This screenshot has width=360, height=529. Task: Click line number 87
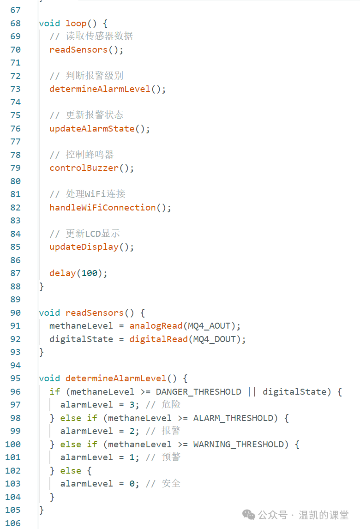pyautogui.click(x=16, y=273)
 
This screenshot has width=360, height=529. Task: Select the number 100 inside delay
pyautogui.click(x=90, y=273)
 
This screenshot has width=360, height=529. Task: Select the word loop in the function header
pyautogui.click(x=76, y=24)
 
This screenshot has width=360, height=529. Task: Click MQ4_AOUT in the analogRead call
pyautogui.click(x=209, y=326)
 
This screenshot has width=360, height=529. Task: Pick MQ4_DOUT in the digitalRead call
pyautogui.click(x=215, y=339)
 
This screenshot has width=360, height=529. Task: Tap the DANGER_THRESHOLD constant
pyautogui.click(x=198, y=392)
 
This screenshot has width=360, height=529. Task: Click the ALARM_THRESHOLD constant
pyautogui.click(x=233, y=418)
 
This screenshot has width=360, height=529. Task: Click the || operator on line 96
pyautogui.click(x=252, y=392)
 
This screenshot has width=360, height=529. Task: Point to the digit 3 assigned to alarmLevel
pyautogui.click(x=132, y=405)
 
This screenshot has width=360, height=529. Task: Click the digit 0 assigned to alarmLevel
pyautogui.click(x=132, y=484)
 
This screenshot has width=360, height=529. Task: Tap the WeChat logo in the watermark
pyautogui.click(x=249, y=515)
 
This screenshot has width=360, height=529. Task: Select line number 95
pyautogui.click(x=16, y=379)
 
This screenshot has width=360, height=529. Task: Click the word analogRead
pyautogui.click(x=156, y=326)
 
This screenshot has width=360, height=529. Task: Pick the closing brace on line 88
pyautogui.click(x=42, y=287)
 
